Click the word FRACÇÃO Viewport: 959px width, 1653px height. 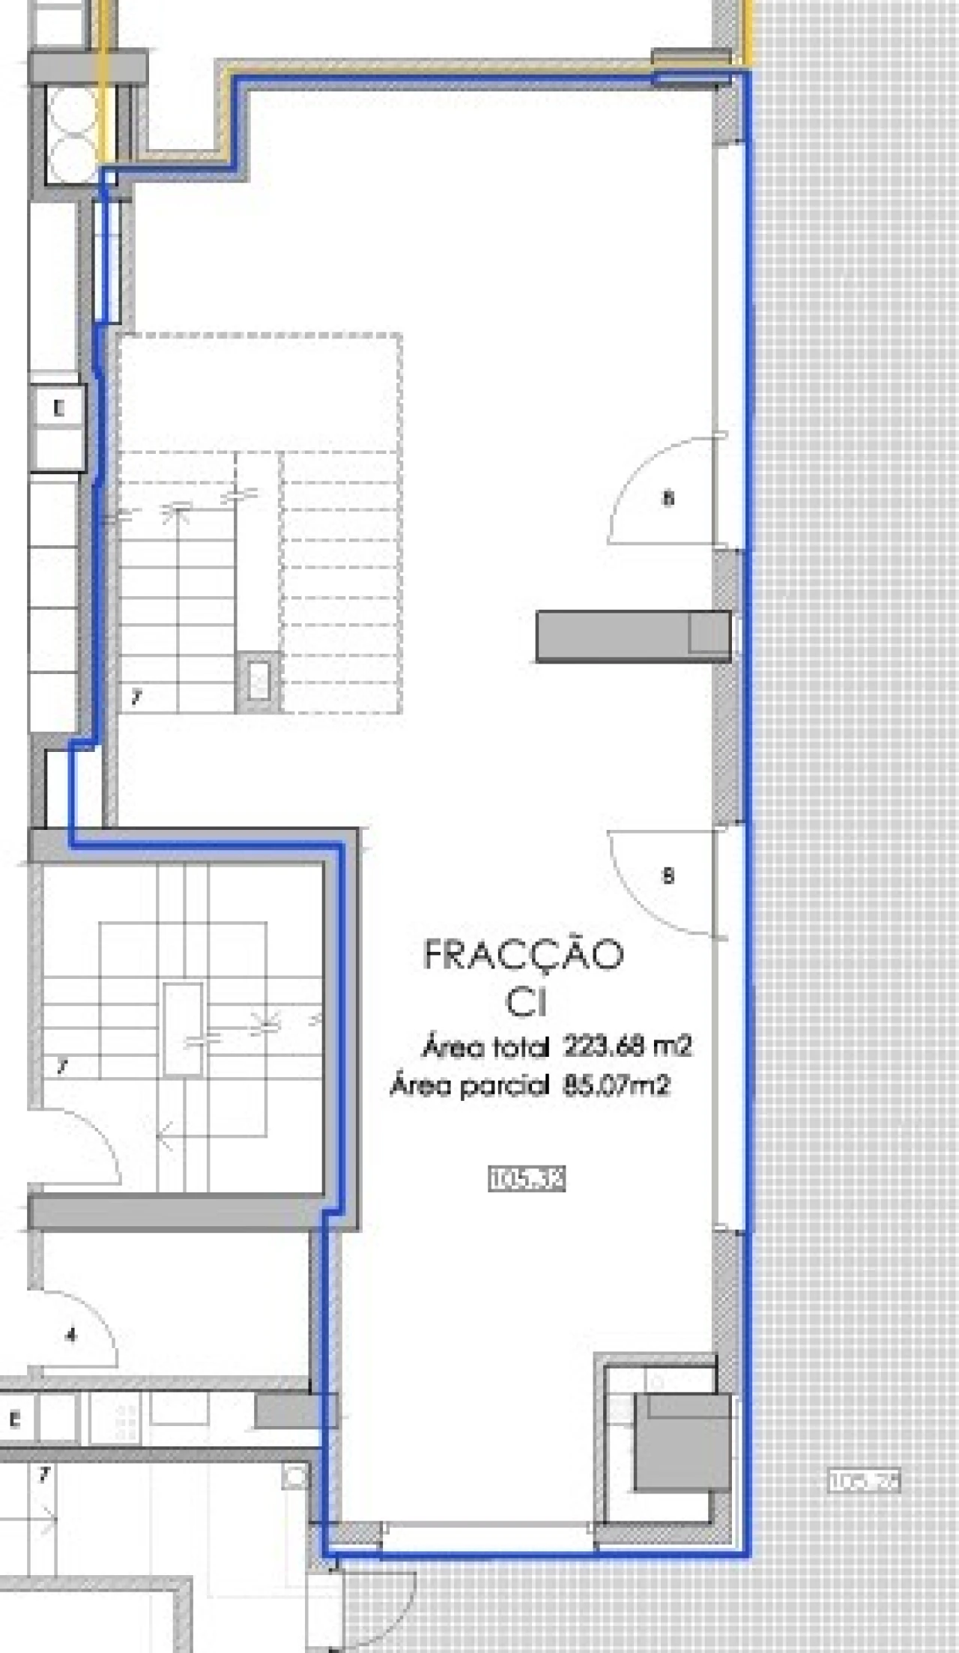pos(524,956)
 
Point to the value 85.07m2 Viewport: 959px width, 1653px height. pos(616,1085)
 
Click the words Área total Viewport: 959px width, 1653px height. pos(485,1047)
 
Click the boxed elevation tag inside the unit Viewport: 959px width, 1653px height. pos(526,1180)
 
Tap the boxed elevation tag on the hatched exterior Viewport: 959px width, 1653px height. pos(863,1481)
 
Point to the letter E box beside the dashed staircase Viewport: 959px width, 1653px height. pos(58,409)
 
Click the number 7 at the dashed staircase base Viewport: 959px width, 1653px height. pos(136,698)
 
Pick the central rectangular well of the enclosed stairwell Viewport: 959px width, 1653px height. pos(184,1029)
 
